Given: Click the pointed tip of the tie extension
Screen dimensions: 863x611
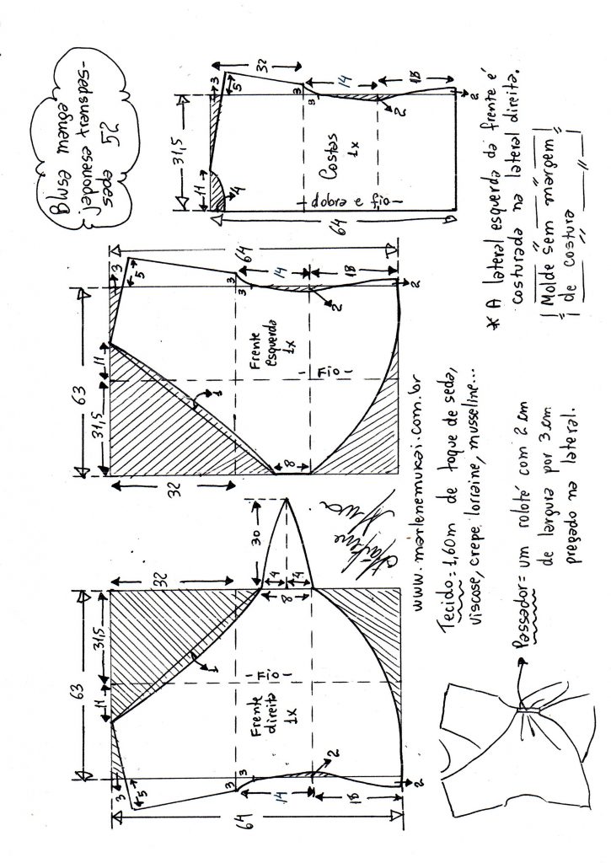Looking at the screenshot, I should click(x=289, y=499).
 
